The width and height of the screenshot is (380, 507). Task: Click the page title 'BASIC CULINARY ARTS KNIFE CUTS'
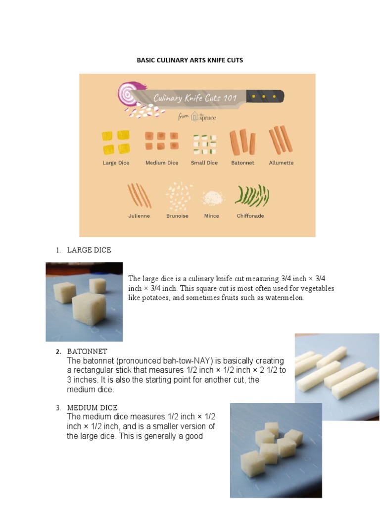[x=190, y=60]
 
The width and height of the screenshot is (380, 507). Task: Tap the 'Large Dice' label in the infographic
[x=116, y=163]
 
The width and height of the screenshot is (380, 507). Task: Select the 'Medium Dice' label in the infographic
[x=162, y=163]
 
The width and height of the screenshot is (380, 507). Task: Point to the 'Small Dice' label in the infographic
[x=204, y=163]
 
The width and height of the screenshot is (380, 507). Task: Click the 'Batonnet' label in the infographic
[x=242, y=163]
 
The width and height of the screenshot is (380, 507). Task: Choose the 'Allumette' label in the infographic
[x=281, y=163]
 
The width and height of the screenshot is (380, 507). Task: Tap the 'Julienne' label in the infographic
[x=139, y=216]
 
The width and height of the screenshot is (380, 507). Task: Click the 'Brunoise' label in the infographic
[x=177, y=216]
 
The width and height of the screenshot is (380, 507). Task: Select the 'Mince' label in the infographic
[x=212, y=216]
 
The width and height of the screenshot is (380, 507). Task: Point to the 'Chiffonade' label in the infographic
[x=250, y=216]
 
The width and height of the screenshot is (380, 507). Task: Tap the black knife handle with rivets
[x=265, y=96]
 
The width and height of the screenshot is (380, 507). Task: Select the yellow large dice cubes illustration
[x=116, y=142]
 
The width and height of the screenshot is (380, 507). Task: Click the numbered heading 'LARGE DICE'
[x=89, y=250]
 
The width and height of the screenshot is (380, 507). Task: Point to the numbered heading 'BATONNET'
[x=87, y=352]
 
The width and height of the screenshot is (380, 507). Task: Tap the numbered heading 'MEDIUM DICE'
[x=92, y=407]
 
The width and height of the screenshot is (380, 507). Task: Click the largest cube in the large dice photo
[x=89, y=310]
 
